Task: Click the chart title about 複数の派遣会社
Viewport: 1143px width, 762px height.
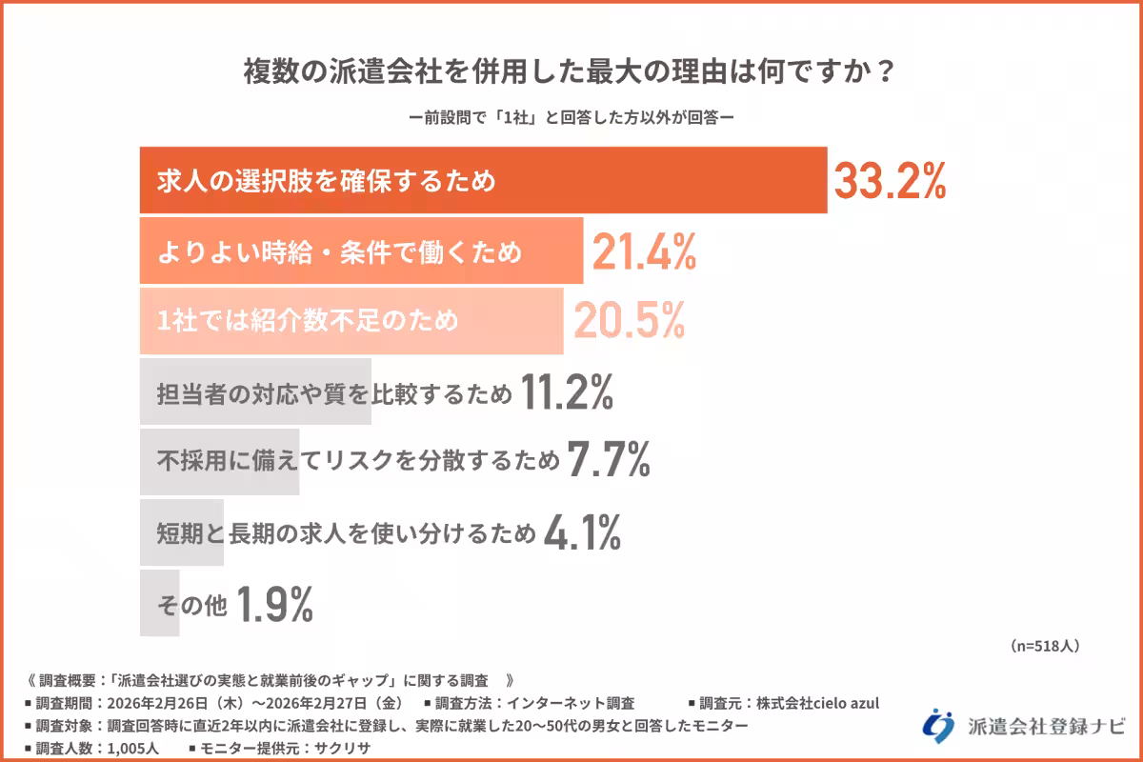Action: tap(571, 73)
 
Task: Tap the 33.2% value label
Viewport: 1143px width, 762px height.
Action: tap(890, 181)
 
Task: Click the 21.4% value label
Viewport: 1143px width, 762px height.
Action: tap(645, 251)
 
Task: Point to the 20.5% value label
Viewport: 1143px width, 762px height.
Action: tap(629, 322)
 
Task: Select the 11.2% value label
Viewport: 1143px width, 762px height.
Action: tap(568, 392)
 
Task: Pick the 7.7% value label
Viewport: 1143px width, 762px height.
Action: tap(609, 462)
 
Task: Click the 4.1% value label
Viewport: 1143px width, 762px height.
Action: tap(582, 532)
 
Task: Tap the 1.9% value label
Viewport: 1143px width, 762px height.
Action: tap(274, 603)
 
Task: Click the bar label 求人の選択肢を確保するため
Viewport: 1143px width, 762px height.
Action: tap(327, 181)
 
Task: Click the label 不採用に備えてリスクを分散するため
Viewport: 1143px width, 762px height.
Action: tap(358, 462)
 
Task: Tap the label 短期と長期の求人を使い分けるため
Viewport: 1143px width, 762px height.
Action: tap(347, 532)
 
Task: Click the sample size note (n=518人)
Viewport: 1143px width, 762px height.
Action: tap(1045, 646)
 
